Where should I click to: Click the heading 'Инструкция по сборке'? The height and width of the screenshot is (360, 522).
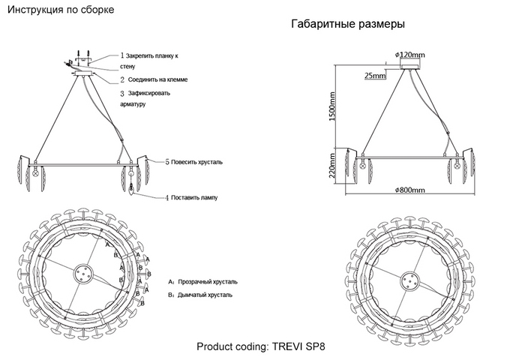[61, 10]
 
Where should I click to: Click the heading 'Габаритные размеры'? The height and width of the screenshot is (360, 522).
[347, 24]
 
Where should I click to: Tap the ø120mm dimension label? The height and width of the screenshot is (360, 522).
[409, 55]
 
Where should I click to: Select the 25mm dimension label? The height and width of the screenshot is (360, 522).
[374, 76]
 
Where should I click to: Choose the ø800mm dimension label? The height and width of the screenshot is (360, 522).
[409, 190]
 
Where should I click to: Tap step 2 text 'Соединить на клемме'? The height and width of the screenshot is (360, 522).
[157, 79]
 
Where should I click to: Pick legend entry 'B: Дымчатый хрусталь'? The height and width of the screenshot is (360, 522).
[200, 295]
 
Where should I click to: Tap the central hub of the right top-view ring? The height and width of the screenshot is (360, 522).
[409, 281]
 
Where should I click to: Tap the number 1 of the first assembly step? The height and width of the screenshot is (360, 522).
[122, 55]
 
